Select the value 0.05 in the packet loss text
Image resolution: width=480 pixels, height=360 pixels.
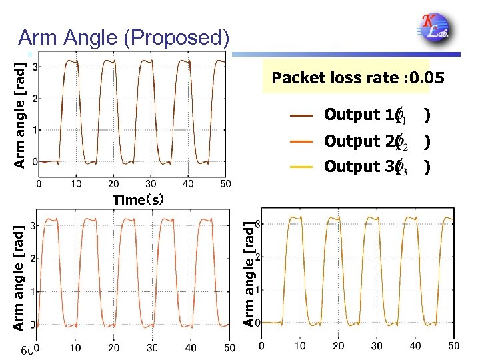tap(427, 78)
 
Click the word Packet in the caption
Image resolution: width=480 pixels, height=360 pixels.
tap(298, 78)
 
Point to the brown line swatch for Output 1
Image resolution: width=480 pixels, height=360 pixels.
tap(302, 116)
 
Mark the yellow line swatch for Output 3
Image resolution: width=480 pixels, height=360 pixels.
tap(302, 167)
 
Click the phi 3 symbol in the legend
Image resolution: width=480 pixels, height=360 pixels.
tap(401, 167)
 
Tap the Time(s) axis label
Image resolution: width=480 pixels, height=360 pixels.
tap(138, 199)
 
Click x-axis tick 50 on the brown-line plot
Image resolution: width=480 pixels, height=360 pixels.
tap(225, 183)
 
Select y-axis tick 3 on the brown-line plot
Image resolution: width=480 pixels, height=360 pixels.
tap(35, 67)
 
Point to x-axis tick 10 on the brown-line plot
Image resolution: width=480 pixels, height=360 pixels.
tap(77, 183)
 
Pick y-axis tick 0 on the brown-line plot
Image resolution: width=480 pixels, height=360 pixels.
tap(35, 161)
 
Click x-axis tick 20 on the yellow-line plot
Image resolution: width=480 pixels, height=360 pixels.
tap(339, 346)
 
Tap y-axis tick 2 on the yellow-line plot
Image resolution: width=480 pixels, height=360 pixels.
tap(259, 257)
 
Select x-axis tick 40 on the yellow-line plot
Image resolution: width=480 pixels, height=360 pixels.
tap(415, 346)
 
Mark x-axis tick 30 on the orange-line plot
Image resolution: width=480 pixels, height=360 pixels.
tap(153, 347)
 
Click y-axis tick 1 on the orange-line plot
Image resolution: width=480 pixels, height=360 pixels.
tap(33, 291)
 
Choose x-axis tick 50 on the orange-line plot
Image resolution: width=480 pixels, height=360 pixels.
tap(229, 347)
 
